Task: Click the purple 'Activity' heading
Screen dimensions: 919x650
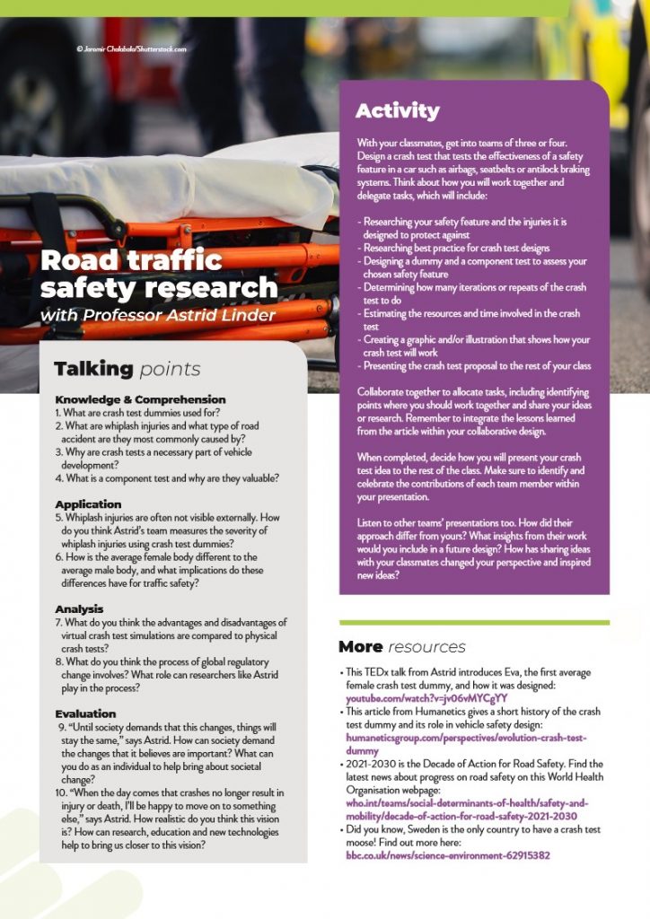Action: (397, 111)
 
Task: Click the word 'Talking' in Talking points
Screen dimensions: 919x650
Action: (92, 369)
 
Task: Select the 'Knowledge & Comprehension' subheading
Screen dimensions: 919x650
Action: (140, 399)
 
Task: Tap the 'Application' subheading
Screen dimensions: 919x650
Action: (88, 504)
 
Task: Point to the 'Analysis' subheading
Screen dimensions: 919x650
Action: (79, 609)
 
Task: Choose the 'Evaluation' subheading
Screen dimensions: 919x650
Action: (85, 714)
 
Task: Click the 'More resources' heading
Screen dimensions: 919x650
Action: (401, 646)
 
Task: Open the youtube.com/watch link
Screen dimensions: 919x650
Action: (426, 697)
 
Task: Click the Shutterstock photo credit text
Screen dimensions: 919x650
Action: (131, 48)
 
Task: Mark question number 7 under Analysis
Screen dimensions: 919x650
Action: (58, 622)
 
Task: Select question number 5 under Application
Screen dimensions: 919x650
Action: (58, 517)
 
